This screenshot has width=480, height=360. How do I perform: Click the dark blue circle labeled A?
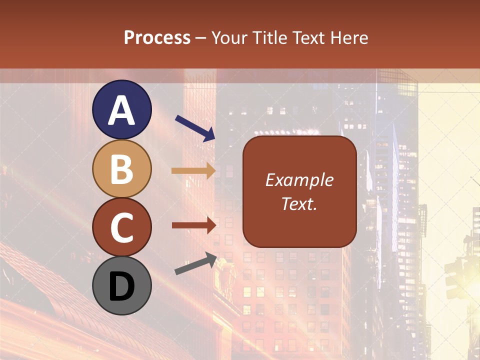[121, 109]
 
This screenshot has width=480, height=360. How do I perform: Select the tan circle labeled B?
[121, 168]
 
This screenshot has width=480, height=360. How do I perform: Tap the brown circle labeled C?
[121, 227]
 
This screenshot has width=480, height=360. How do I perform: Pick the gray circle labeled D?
[121, 285]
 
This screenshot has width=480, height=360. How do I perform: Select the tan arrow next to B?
[193, 171]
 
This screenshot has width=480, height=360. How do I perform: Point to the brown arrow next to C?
[193, 225]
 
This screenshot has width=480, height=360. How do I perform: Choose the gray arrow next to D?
[195, 263]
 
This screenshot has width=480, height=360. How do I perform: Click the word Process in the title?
[157, 38]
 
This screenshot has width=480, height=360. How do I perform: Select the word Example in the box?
[299, 180]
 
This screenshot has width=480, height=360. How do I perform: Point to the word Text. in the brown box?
[299, 203]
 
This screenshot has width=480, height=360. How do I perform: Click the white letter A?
[121, 110]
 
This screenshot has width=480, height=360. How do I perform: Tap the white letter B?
[121, 169]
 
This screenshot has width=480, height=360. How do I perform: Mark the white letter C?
[121, 227]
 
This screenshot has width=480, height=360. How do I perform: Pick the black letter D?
[121, 286]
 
